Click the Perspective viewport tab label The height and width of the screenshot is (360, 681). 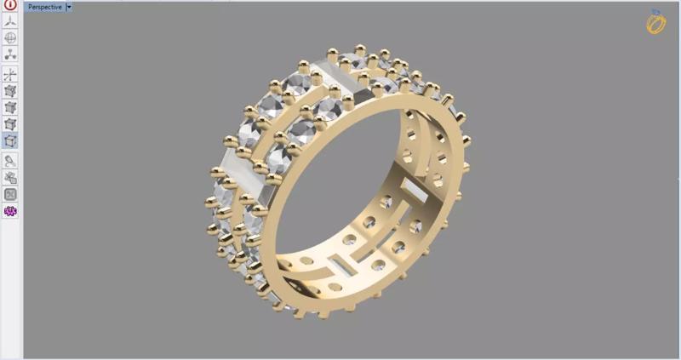click(x=44, y=6)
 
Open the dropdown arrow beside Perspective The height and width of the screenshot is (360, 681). click(x=69, y=6)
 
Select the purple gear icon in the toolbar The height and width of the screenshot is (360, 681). click(x=10, y=210)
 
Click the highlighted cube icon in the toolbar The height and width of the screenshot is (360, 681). click(x=10, y=141)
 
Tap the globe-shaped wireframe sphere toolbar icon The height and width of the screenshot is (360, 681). click(x=10, y=38)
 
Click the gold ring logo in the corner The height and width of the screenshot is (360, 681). click(x=656, y=23)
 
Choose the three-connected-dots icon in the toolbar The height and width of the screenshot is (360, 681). click(x=10, y=55)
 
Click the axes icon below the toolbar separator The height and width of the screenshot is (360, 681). click(x=10, y=75)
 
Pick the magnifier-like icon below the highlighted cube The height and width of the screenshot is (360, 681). click(x=10, y=159)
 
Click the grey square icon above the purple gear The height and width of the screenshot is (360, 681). click(x=10, y=193)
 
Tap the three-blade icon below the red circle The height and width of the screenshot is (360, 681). click(x=10, y=21)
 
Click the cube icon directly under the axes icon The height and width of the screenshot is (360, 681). click(x=10, y=91)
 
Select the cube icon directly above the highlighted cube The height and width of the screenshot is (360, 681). click(x=10, y=124)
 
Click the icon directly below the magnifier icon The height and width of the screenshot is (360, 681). click(x=10, y=176)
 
